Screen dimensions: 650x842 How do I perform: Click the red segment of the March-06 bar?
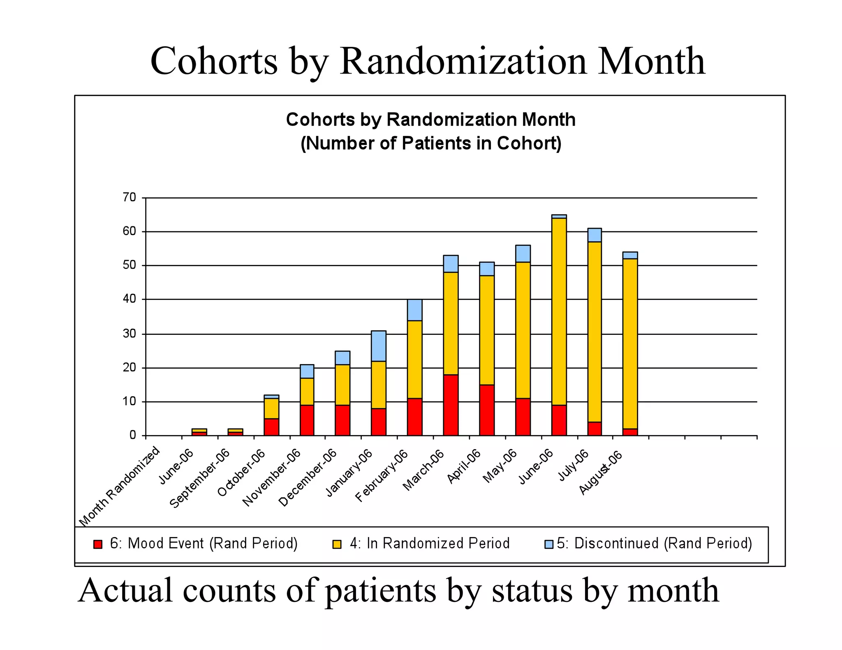coord(451,405)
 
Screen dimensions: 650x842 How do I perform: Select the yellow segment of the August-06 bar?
coord(630,343)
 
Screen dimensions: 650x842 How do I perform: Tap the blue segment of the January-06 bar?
coord(378,346)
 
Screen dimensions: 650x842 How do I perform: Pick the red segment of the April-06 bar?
coord(487,410)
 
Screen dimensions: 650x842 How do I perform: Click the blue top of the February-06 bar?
coord(414,310)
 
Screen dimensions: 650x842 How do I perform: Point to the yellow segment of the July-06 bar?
coord(594,332)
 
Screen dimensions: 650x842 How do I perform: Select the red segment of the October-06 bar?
coord(271,427)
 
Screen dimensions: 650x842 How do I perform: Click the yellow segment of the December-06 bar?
coord(342,385)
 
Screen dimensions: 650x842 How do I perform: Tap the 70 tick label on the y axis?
coord(129,198)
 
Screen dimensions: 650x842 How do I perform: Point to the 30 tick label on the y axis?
coord(129,334)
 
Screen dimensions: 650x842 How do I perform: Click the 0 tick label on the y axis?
coord(132,435)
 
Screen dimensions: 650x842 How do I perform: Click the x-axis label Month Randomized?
coord(120,487)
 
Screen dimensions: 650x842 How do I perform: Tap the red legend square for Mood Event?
coord(98,544)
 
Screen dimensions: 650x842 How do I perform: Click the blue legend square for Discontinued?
coord(549,544)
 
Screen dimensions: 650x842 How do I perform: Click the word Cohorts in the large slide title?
coord(214,62)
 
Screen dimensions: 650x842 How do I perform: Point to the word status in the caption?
coord(532,590)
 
